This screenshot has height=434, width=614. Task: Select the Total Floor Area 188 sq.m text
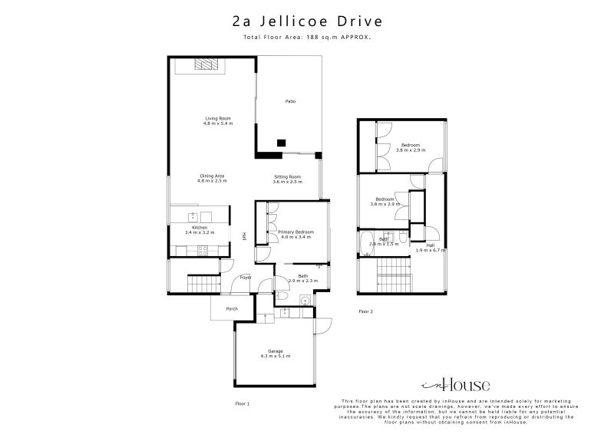point(307,37)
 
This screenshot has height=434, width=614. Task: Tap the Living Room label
point(218,120)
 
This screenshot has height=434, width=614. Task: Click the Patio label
point(290,101)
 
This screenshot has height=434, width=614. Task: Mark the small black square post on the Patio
point(282,142)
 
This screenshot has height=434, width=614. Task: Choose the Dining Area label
point(212,178)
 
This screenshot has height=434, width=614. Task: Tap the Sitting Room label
point(287,179)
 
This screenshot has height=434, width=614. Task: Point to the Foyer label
point(246,278)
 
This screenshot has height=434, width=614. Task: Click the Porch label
point(231,309)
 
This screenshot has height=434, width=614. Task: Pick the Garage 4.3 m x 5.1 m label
point(276,353)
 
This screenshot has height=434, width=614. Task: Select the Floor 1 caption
point(243,403)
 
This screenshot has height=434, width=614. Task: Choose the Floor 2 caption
point(366,311)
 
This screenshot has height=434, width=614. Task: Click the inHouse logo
point(455,385)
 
